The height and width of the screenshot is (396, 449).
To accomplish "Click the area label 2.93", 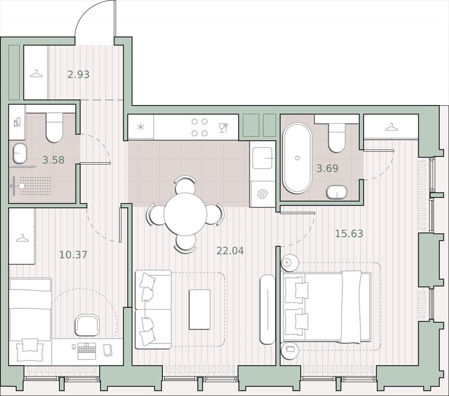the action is coord(78,74).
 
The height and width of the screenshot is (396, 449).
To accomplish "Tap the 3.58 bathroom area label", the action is coord(53,160).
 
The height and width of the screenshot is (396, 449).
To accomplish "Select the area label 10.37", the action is coord(73,255).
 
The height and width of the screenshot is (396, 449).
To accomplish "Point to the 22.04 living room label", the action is coord(230,251).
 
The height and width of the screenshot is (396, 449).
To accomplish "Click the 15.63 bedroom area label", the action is coord(349,234).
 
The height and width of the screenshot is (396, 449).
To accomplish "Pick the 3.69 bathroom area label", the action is coord(327,168).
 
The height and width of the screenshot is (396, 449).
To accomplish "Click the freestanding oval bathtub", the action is coord(297,158).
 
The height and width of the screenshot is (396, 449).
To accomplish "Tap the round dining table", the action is coord(185,214).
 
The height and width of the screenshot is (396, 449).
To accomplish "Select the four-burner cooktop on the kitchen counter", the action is coord(200,127).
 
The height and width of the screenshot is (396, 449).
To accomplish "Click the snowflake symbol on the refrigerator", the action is coord(141,127).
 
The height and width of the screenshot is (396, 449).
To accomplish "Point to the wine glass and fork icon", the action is coord(223,127).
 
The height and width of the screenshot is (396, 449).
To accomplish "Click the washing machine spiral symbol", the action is coord(262,194).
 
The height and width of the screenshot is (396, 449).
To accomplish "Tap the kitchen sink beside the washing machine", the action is coord(262,158).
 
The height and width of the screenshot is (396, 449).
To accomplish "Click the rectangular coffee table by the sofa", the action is coord(200,309).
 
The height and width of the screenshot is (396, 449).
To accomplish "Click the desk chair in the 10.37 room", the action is coord(87,325).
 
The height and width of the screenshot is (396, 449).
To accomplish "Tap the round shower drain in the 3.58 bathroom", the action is coord(22,186).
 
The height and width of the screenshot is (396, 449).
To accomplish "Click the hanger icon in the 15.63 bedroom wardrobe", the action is coord(392,127).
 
